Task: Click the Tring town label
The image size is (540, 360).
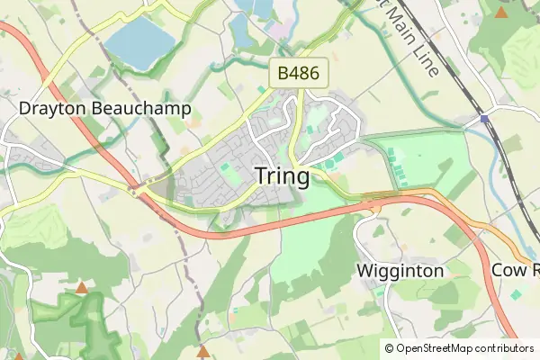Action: coord(282,176)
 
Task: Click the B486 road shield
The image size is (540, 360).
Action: coord(298,74)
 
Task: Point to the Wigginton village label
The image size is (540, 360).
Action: coord(400,271)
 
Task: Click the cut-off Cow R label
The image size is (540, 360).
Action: coord(515,271)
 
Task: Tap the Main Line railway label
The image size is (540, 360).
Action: coord(409,36)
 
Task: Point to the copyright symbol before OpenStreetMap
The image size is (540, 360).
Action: coord(389,348)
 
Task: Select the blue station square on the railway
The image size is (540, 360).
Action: coord(484,119)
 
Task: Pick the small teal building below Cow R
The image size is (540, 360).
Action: coord(517,294)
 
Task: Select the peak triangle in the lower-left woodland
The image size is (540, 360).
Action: coord(81,288)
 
